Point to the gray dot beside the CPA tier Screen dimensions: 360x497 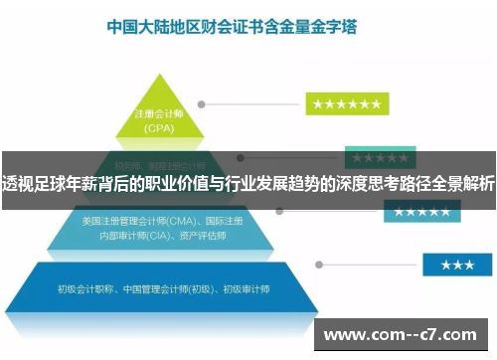point(202,103)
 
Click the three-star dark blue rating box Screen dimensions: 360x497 point(456,265)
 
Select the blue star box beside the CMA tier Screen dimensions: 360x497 point(421,212)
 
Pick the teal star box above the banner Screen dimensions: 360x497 point(373,158)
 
